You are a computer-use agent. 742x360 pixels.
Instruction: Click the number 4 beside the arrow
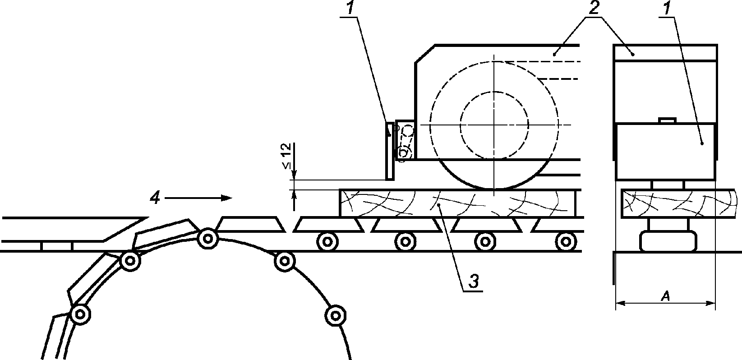(155, 198)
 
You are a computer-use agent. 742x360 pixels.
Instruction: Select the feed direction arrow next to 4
(198, 198)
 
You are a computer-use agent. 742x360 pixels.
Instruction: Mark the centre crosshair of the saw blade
(494, 124)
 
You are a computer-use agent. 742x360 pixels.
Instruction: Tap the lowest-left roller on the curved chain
(80, 314)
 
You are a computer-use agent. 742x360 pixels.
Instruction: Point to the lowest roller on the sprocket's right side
(334, 314)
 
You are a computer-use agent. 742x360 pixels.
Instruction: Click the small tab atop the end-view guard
(666, 120)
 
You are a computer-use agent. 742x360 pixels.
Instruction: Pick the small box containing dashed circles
(405, 140)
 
